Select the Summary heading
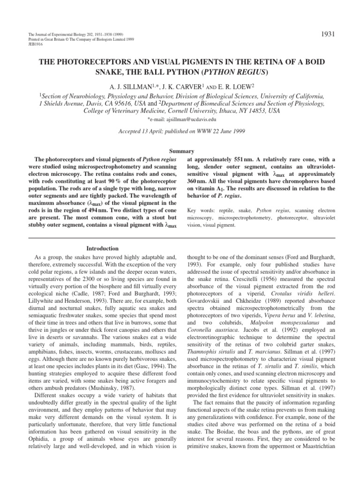pyautogui.click(x=180, y=152)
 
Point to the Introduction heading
pyautogui.click(x=102, y=248)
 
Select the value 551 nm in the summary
pyautogui.click(x=241, y=160)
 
